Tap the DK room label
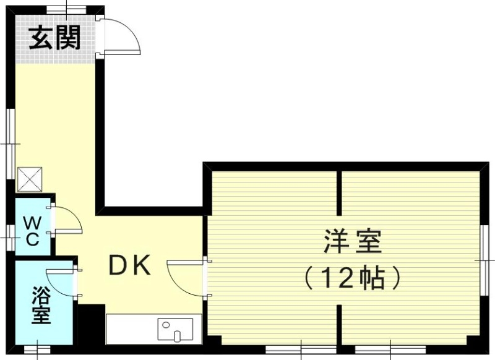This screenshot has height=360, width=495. tap(129, 265)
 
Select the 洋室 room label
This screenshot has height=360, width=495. tap(352, 241)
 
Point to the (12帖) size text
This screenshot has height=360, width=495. tap(352, 279)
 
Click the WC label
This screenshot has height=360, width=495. tap(32, 230)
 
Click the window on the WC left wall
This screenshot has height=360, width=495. tap(9, 237)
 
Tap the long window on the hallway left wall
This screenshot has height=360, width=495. tap(10, 144)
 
